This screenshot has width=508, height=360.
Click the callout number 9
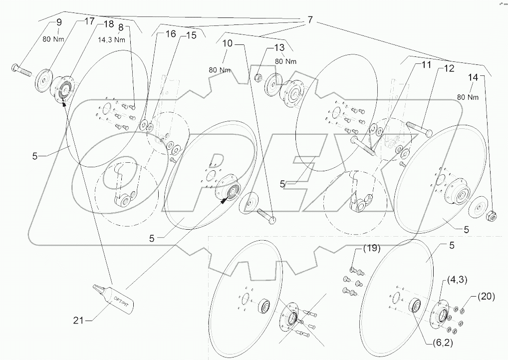tap(59, 22)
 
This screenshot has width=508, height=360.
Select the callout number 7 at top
tap(310, 20)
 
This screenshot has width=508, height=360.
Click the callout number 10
tap(228, 44)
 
